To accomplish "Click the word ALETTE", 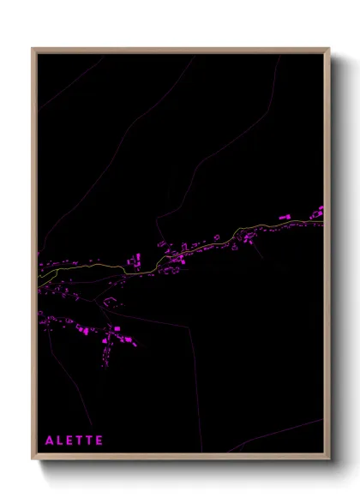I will pyautogui.click(x=74, y=441).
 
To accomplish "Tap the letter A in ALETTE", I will pyautogui.click(x=50, y=441).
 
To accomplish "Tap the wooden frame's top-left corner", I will pyautogui.click(x=33, y=50).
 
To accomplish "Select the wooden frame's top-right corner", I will pyautogui.click(x=328, y=50).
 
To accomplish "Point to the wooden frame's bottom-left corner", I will pyautogui.click(x=33, y=459).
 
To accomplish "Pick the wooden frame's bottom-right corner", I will pyautogui.click(x=328, y=459).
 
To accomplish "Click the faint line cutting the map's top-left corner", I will pyautogui.click(x=69, y=86).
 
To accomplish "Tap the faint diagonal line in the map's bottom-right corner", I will pyautogui.click(x=283, y=433).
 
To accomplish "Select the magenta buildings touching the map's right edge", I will pyautogui.click(x=317, y=211).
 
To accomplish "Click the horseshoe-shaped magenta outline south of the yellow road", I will pyautogui.click(x=110, y=301).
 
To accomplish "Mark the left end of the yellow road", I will pyautogui.click(x=40, y=284).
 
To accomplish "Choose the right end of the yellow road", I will pyautogui.click(x=322, y=222).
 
